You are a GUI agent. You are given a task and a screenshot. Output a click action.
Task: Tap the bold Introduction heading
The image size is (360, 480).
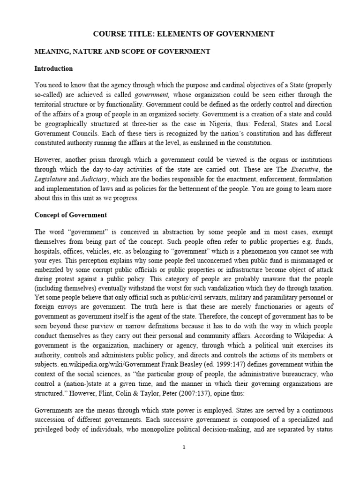point(54,68)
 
